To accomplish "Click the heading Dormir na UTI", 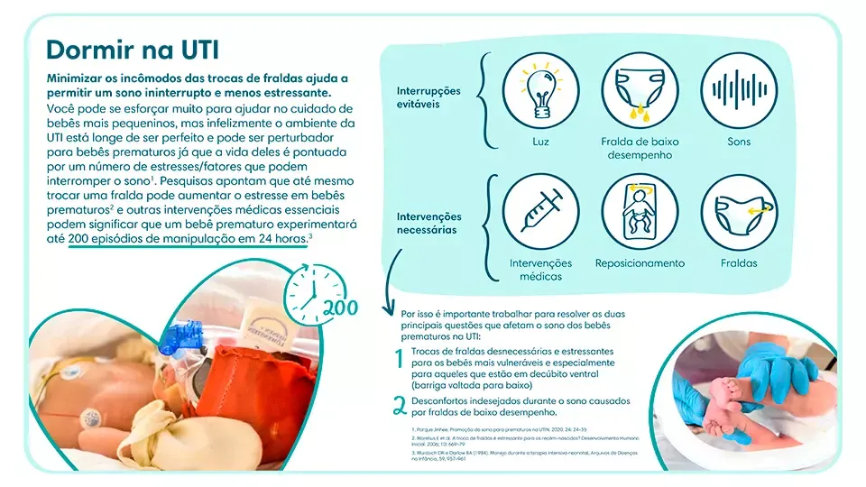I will [133, 49].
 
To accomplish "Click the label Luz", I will [540, 142].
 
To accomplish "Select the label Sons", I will [739, 142].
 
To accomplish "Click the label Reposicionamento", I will [640, 263].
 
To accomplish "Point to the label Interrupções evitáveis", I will [428, 97].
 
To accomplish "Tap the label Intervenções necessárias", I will [428, 223].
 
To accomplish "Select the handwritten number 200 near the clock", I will [341, 308].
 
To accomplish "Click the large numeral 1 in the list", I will [398, 360].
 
